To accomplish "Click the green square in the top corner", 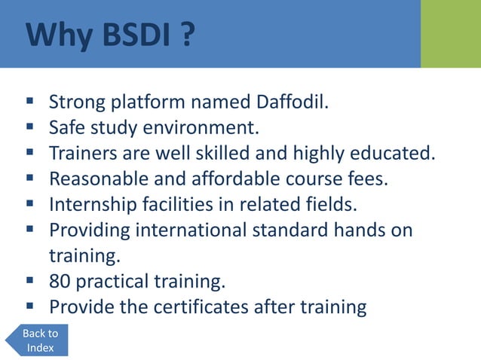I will pyautogui.click(x=450, y=34).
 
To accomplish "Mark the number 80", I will pyautogui.click(x=60, y=282).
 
